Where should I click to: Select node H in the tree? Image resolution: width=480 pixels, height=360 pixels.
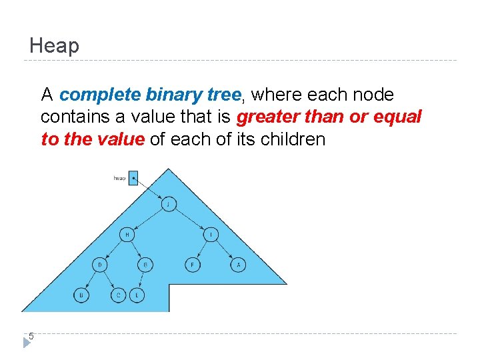pos(127,235)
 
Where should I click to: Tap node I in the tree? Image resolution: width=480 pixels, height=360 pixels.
pos(211,235)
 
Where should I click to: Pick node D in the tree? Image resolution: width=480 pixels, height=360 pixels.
pos(100,265)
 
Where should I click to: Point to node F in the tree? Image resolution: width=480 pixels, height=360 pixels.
pos(192,265)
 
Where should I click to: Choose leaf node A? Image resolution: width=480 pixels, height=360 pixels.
pos(239,265)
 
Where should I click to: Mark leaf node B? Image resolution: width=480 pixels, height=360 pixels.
pos(81,294)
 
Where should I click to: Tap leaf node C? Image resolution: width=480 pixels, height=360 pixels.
pos(118,294)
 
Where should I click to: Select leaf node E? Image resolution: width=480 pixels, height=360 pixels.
pos(137,294)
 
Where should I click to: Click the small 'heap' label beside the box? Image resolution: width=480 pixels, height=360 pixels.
pos(120,178)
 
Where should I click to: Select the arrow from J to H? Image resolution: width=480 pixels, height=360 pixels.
pos(148,219)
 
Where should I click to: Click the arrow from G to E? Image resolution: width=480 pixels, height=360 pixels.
pos(141,280)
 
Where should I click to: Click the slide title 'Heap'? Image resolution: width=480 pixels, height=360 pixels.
pos(54,46)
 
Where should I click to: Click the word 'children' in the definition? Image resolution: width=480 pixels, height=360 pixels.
pos(294,139)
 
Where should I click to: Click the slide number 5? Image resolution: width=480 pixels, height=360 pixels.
pos(31,337)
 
